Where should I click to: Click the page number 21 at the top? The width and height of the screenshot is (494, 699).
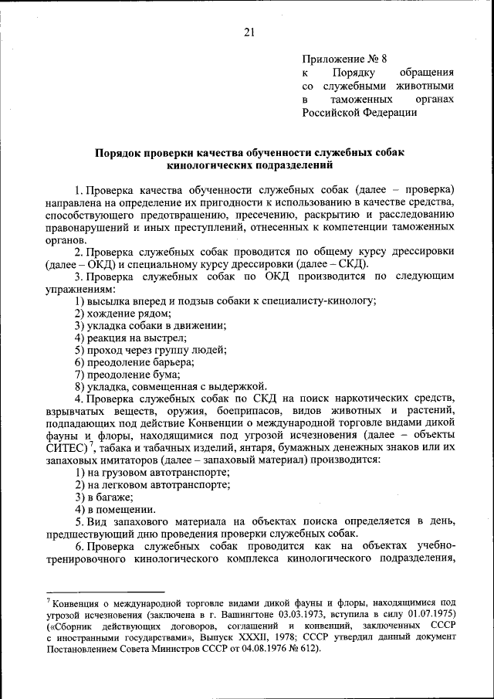click(248, 32)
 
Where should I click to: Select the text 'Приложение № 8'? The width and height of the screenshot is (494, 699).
click(340, 59)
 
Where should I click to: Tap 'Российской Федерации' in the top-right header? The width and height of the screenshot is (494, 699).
click(360, 112)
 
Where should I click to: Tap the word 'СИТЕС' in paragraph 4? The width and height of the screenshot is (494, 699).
click(65, 448)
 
